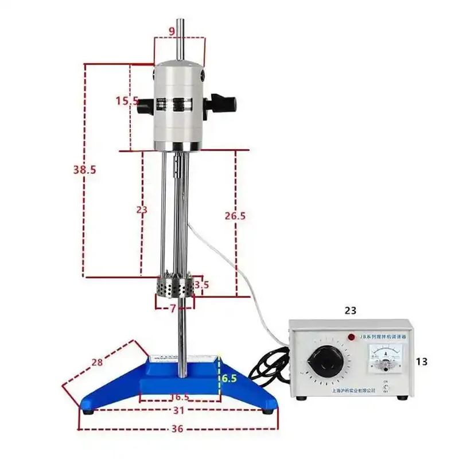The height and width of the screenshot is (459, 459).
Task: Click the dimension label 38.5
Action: coord(84,169)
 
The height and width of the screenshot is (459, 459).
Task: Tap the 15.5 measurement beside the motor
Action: coord(127,102)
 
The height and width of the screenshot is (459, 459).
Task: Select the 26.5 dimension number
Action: coord(235,216)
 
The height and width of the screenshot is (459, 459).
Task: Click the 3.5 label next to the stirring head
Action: coord(201,285)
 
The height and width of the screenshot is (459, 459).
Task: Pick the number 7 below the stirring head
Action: coord(173,309)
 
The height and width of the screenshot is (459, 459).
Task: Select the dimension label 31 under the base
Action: coord(179,411)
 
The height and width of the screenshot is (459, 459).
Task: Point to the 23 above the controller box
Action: coord(351,310)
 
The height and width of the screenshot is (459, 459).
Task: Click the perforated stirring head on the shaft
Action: coord(175,287)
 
